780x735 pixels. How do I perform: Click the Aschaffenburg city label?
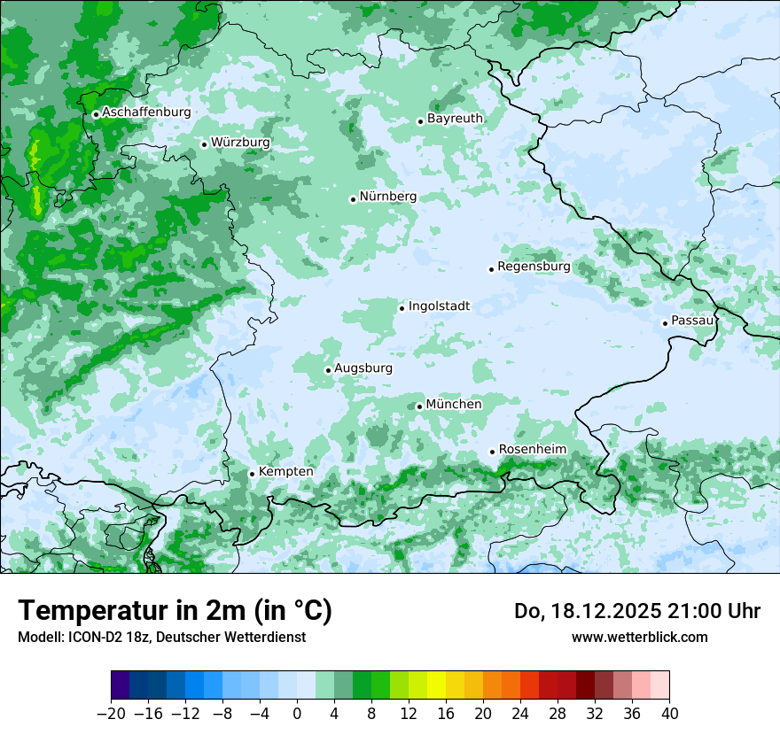(x=146, y=112)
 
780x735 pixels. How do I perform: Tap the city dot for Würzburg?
(x=204, y=144)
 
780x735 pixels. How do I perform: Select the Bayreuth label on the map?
(x=455, y=119)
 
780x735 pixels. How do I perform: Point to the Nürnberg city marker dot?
(x=353, y=199)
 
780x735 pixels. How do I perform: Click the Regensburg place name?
(x=534, y=267)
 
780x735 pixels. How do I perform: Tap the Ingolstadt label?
(x=439, y=306)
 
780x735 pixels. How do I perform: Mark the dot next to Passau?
(x=665, y=323)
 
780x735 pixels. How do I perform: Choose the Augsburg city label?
(x=363, y=368)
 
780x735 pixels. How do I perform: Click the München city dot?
(x=419, y=407)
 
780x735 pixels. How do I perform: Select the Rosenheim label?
(x=532, y=450)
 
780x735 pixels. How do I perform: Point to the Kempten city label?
(x=285, y=472)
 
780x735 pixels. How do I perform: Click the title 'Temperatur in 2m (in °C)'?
(x=175, y=611)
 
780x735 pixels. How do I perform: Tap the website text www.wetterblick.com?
(x=639, y=637)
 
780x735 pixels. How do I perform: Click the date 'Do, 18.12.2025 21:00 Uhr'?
(x=636, y=611)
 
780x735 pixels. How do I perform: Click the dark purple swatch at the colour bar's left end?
(x=121, y=685)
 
